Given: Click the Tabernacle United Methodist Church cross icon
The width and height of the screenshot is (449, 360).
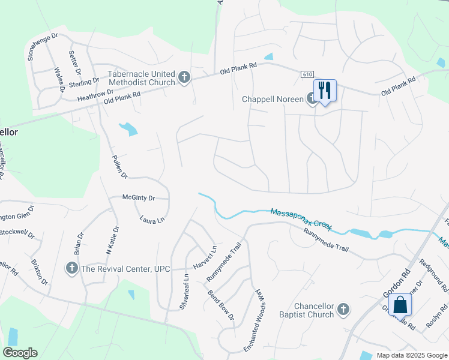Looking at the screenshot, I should [184, 78].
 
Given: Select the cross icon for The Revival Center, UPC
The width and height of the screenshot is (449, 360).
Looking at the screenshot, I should [71, 268].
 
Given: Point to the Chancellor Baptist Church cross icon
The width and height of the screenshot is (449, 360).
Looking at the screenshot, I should [343, 309].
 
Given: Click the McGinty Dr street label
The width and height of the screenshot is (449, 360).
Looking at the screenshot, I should [139, 197].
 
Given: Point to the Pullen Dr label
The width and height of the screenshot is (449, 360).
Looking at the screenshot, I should [120, 167].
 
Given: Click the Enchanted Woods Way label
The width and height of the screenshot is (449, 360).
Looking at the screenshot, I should [256, 320].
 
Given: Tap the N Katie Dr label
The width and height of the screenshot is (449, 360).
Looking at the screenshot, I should [112, 240].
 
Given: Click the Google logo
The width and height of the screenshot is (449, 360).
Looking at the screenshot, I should [20, 353].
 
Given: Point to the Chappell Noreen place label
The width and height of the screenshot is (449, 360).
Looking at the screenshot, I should [273, 99].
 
